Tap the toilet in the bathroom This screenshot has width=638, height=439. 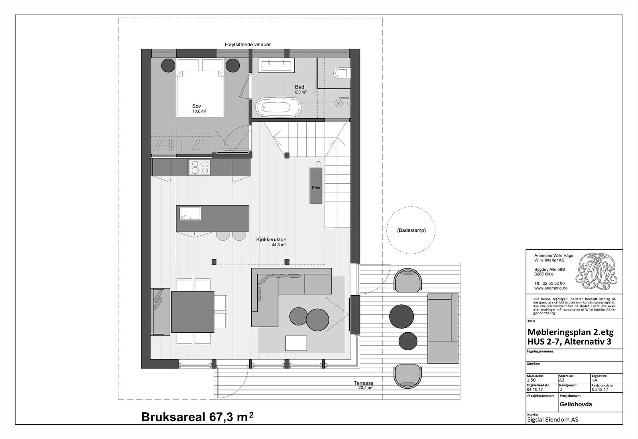click(x=341, y=73)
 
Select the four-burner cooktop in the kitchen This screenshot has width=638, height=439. click(x=199, y=167)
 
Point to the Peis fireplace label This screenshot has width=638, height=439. click(x=316, y=188)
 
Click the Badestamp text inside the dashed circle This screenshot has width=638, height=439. click(x=411, y=230)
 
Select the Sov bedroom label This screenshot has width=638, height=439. click(x=197, y=106)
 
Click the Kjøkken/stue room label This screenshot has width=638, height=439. click(x=271, y=240)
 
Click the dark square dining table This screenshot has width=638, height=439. click(x=193, y=312)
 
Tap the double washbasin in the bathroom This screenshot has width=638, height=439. click(x=276, y=65)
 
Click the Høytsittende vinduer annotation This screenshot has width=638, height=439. click(x=247, y=45)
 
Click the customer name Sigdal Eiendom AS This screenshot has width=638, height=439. click(x=552, y=419)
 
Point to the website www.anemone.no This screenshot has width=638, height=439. click(x=551, y=288)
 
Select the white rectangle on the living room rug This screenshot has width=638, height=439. click(x=296, y=343)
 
